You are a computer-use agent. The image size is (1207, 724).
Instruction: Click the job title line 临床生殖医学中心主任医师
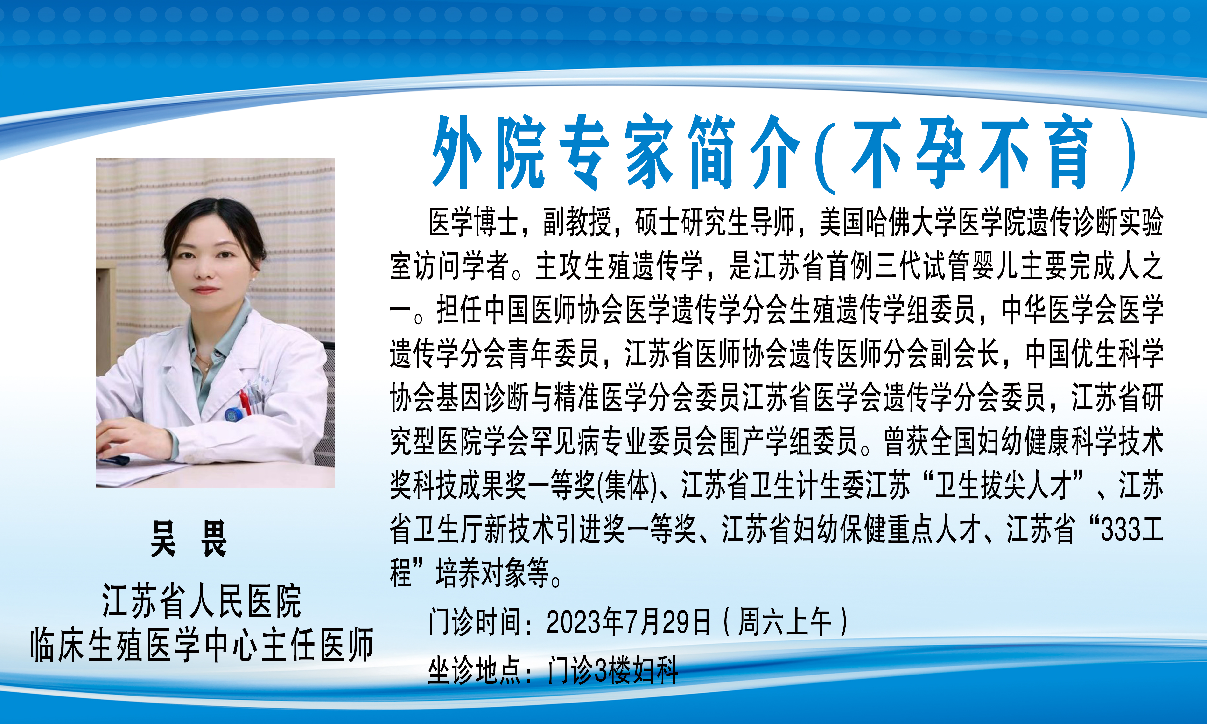tap(202, 645)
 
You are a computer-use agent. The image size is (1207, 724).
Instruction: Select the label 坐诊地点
tap(475, 671)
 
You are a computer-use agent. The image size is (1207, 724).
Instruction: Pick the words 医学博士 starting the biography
tap(473, 222)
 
